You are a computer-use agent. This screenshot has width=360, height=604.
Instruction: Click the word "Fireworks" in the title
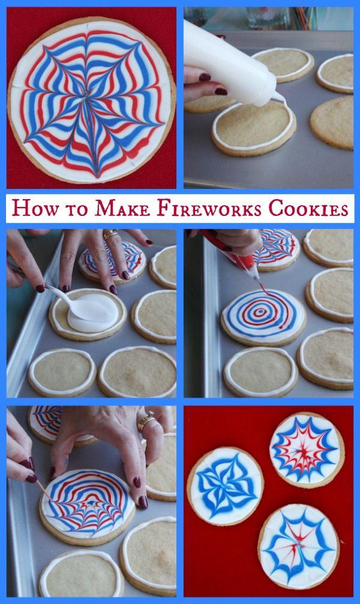point(209,208)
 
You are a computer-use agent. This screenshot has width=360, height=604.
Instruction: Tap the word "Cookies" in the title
point(309,208)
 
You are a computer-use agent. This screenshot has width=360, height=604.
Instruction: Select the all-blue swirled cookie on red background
point(225,486)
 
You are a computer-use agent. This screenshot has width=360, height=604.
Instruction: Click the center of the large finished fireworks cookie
point(89,98)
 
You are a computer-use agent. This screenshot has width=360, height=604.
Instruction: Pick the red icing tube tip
point(256,277)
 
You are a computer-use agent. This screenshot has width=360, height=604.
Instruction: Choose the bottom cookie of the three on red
point(299,546)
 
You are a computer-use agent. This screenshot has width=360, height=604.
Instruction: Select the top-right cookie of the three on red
point(307,449)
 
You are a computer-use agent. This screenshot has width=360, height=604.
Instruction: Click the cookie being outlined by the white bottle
point(254,127)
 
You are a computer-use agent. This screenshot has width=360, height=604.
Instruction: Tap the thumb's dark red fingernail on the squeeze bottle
point(205,77)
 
